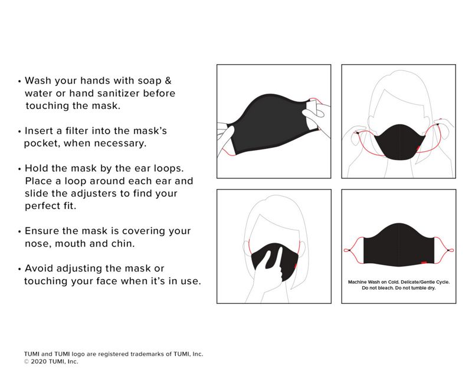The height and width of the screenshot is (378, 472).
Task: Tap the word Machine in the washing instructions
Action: point(358,283)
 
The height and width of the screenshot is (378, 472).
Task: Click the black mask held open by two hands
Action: point(268,124)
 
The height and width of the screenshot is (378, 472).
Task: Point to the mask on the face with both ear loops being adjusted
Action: point(399,141)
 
